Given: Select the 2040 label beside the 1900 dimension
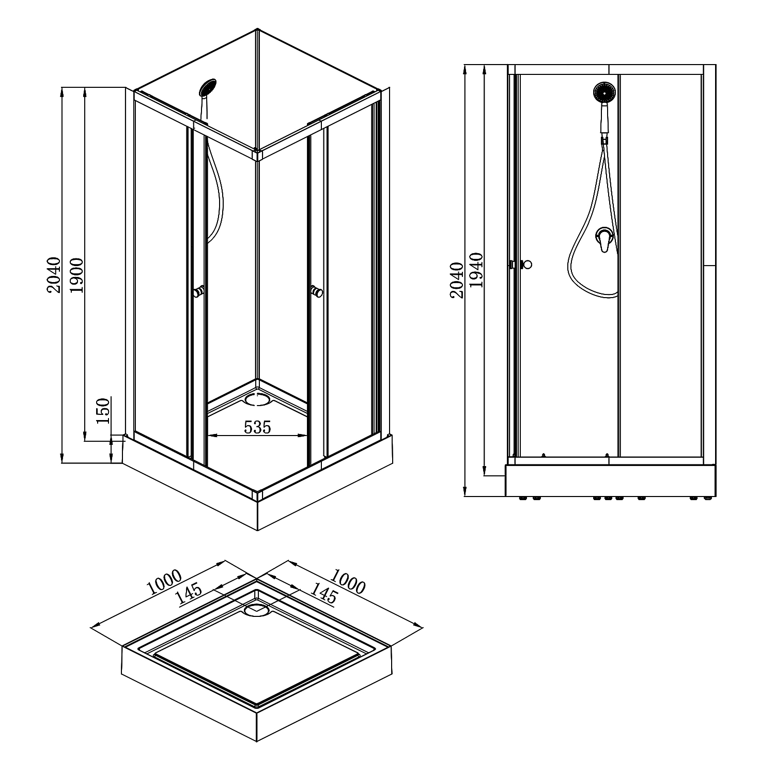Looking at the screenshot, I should pyautogui.click(x=54, y=275).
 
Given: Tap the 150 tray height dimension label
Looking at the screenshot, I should pyautogui.click(x=103, y=411).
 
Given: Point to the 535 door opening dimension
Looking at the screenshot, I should pyautogui.click(x=257, y=427).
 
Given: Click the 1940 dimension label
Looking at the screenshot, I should pyautogui.click(x=476, y=270).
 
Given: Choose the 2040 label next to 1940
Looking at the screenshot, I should pyautogui.click(x=456, y=281).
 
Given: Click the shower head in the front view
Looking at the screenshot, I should pyautogui.click(x=605, y=93).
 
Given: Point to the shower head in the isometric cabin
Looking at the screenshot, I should pyautogui.click(x=208, y=87).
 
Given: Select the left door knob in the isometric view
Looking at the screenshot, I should pyautogui.click(x=199, y=292).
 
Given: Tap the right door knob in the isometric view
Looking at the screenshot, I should pyautogui.click(x=317, y=292).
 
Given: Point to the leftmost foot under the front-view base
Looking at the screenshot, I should pyautogui.click(x=522, y=499).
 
